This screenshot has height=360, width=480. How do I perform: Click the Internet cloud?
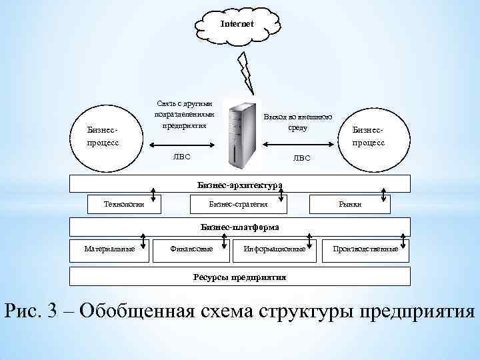click(237, 25)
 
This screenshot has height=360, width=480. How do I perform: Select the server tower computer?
click(242, 134)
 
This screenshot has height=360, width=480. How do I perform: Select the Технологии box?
click(125, 204)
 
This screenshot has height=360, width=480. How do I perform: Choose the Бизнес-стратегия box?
click(239, 204)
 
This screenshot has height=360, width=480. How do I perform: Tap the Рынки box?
click(349, 204)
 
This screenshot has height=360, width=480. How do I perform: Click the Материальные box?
click(109, 249)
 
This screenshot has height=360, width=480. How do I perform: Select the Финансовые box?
click(193, 249)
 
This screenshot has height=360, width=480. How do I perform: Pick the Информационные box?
click(275, 249)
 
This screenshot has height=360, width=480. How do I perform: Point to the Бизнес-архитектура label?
click(240, 184)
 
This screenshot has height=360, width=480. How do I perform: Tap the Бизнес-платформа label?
click(240, 227)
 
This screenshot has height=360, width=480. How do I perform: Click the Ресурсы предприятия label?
click(240, 277)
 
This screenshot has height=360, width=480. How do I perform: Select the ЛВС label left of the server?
click(181, 158)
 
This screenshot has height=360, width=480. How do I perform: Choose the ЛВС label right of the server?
click(302, 158)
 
